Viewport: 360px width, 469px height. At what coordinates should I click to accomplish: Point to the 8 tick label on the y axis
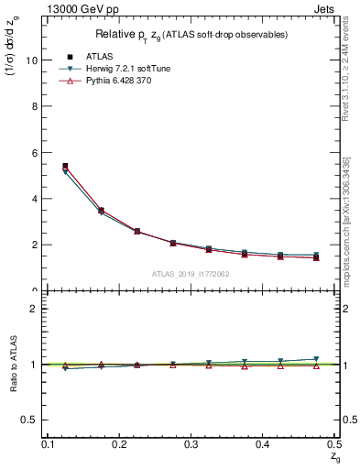pos(33,106)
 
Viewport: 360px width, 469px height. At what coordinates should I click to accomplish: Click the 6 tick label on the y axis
pos(33,152)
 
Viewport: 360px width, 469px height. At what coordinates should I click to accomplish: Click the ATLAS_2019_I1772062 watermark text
pos(191,274)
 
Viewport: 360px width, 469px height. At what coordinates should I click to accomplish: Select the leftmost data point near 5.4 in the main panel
pos(65,167)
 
